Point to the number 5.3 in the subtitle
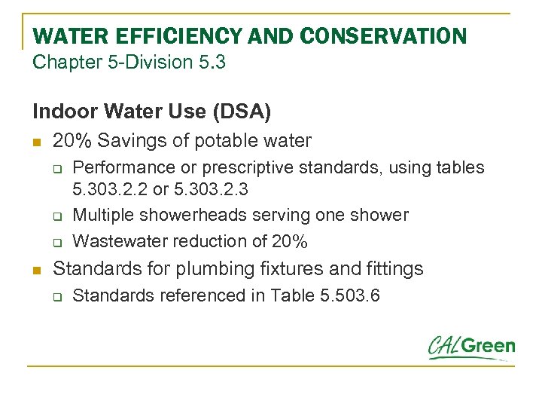[212, 62]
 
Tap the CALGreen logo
[472, 347]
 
